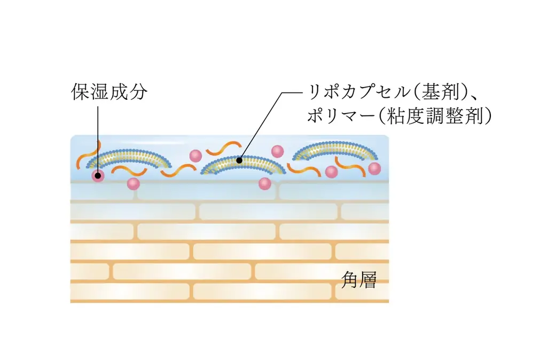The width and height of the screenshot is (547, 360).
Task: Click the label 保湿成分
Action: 110,92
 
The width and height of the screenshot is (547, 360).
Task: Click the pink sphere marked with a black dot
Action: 98,175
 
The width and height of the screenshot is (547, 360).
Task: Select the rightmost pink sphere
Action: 374,169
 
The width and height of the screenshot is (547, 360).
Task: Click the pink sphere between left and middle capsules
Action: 196,155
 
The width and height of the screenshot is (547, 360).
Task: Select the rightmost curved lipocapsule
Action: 337,150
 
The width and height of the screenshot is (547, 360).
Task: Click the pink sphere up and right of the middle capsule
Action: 278,151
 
